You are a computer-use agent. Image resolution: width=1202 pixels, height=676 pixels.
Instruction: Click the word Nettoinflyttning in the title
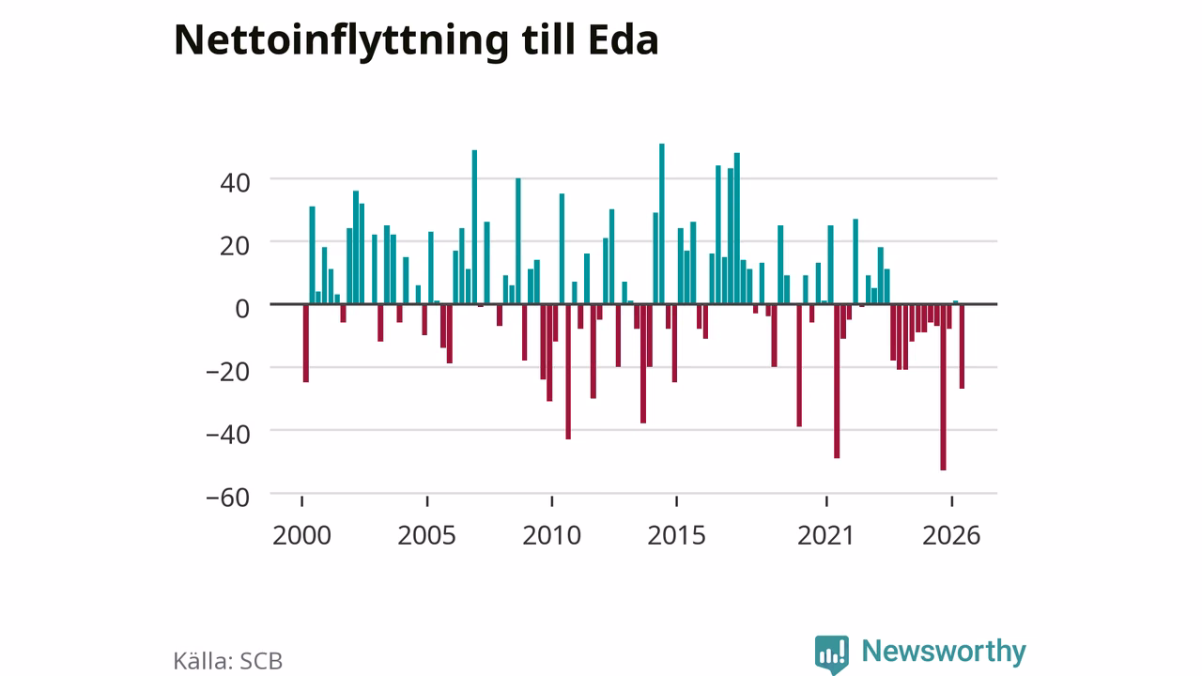341,41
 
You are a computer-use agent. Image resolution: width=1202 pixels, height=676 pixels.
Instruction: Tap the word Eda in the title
623,39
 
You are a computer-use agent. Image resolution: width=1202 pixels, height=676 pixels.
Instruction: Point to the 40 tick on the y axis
235,183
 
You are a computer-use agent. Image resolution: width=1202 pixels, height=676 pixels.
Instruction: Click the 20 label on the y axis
235,246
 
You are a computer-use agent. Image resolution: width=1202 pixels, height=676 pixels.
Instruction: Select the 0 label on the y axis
242,309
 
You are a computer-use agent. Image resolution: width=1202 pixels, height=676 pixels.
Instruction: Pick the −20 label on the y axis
228,371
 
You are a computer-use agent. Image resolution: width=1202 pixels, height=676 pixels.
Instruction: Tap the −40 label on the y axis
228,434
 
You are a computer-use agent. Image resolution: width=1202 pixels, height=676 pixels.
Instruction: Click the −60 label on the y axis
228,498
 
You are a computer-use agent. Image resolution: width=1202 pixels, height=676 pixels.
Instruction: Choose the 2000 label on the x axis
301,535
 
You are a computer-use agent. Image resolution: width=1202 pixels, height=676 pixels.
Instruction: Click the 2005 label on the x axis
426,535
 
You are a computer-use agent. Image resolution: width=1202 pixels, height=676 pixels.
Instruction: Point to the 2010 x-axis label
551,535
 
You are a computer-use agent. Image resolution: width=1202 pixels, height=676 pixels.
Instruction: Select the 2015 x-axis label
677,535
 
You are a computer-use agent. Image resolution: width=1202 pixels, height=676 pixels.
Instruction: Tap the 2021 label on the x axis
825,535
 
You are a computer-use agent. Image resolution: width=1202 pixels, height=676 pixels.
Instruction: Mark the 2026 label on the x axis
951,535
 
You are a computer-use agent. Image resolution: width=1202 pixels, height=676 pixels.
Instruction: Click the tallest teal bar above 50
662,223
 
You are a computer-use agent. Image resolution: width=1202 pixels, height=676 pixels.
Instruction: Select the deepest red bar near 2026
943,388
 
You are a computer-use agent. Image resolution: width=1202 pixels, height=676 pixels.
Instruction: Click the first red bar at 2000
306,344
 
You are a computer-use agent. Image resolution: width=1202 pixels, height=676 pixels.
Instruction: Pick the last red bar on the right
962,346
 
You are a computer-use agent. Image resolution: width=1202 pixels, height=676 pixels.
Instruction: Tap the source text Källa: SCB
228,660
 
